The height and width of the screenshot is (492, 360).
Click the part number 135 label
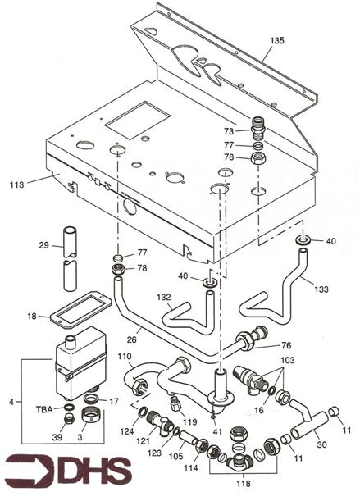(x=277, y=40)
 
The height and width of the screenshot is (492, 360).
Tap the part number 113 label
(x=16, y=184)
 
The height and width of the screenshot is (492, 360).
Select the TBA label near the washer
(x=44, y=409)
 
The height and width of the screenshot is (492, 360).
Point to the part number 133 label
(x=321, y=289)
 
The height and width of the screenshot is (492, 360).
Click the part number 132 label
(x=163, y=297)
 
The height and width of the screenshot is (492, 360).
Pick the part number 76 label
(x=286, y=345)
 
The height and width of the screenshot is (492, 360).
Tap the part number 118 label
(x=244, y=483)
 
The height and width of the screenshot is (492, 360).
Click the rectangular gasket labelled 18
(x=81, y=309)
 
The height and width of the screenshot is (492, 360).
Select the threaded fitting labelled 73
(x=258, y=129)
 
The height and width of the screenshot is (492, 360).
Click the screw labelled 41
(x=213, y=413)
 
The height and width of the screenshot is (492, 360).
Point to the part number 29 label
(x=44, y=245)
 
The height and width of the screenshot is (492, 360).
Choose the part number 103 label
(x=288, y=360)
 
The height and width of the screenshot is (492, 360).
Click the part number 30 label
(x=321, y=444)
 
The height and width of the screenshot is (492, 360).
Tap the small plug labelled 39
(x=68, y=418)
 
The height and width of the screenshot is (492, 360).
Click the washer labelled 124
(x=142, y=412)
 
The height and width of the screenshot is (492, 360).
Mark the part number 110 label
(x=125, y=357)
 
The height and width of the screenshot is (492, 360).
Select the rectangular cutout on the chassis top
(x=138, y=120)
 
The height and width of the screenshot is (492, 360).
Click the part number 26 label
(x=132, y=339)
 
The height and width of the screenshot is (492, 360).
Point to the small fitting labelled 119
(x=174, y=403)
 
